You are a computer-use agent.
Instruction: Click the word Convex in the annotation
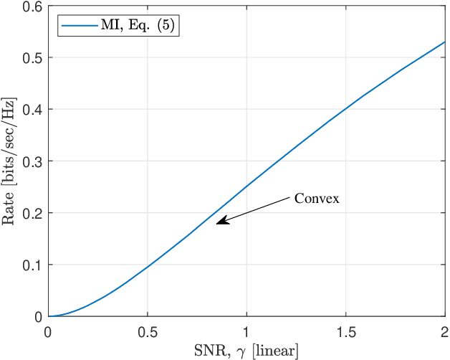click(317, 199)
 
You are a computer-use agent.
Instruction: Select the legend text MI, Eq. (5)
click(138, 25)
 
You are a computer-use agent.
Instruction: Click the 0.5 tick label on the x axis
click(147, 333)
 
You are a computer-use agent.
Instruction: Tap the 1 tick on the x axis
click(246, 333)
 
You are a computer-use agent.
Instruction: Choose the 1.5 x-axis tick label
click(346, 333)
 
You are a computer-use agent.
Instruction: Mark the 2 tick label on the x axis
click(445, 333)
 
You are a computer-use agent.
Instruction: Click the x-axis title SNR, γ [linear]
click(246, 351)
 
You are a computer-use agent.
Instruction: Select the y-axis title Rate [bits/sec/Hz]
click(10, 161)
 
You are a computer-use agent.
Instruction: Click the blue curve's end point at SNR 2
click(445, 42)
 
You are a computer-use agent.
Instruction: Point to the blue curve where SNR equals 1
click(246, 186)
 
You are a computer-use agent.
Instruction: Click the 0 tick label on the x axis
click(48, 333)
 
